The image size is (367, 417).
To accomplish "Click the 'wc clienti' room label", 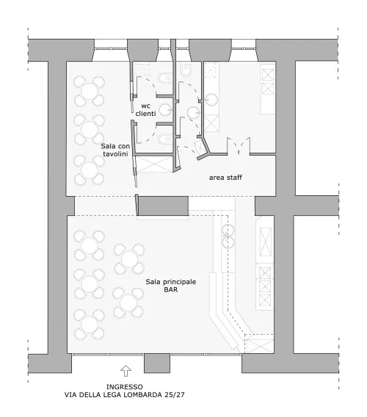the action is coord(145,110).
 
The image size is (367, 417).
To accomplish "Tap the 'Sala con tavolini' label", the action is coord(115,150).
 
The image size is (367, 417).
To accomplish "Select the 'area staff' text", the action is coord(225,178).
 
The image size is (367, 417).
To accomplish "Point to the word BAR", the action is coord(171,289).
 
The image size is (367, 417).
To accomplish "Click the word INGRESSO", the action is coord(125,387).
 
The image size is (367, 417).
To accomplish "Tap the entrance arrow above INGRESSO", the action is coord(126,371).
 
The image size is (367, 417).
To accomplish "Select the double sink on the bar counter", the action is coord(228,236).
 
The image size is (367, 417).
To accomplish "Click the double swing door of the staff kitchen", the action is coord(239,146).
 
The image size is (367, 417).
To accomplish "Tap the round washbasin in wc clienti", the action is coord(165,109).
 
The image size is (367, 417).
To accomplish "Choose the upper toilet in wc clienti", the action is coord(165,79).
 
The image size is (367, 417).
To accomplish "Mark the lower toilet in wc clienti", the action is coord(165,139).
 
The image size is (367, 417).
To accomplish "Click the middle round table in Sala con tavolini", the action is coord(89,129).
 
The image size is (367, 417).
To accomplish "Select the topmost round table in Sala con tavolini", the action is coord(89,91).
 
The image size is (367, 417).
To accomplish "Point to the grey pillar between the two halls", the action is coord(163,206).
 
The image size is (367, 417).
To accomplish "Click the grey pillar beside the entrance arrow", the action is coord(157,363).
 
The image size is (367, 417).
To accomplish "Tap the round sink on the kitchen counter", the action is coord(211,100).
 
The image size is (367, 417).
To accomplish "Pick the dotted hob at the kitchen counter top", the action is coord(211,70).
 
